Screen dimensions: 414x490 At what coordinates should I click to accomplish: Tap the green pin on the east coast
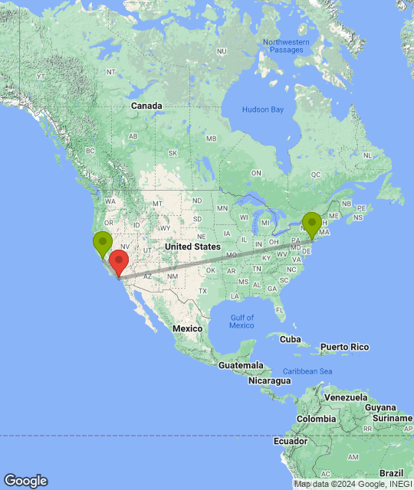pos(312,223)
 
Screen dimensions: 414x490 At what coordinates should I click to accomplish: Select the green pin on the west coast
pos(102,244)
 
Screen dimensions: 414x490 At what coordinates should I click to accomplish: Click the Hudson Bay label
pos(263,109)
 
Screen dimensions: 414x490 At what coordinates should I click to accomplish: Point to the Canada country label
pos(146,105)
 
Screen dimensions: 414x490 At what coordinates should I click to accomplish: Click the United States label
pos(192,247)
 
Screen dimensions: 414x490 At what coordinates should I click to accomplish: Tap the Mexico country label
pos(186,328)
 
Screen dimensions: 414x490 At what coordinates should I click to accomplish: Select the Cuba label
pos(291,338)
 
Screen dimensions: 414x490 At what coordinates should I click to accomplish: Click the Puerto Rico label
pos(344,347)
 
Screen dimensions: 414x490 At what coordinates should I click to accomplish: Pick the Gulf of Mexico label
pos(241,321)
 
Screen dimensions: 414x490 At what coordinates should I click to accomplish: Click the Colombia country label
pos(317,419)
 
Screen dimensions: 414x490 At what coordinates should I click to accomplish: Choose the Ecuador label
pos(294,441)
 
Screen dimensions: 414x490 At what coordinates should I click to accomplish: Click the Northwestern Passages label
pos(286,46)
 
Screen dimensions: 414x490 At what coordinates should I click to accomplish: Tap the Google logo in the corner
pos(25,481)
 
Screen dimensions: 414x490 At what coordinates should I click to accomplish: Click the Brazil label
pos(393,473)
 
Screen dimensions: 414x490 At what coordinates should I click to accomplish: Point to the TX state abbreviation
pos(202,291)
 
